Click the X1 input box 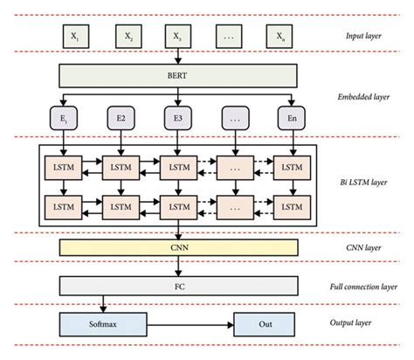74,37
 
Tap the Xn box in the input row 279,37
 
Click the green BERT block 178,76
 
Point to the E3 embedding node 178,116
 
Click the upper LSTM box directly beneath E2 120,164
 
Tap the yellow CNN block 178,248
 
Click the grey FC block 178,285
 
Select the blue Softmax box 104,323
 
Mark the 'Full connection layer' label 365,286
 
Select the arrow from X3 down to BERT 178,57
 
